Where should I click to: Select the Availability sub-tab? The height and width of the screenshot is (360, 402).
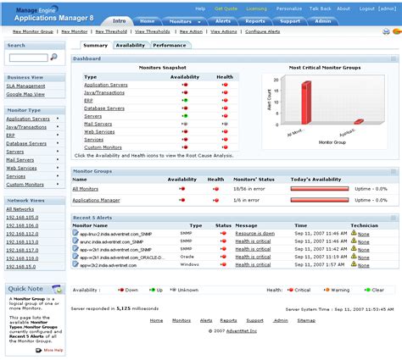(x=131, y=45)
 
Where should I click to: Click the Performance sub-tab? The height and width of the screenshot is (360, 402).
(x=170, y=45)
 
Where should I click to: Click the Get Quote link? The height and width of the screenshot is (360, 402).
(x=226, y=8)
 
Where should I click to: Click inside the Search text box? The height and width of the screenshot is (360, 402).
(x=27, y=58)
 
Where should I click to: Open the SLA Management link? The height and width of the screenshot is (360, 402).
(x=26, y=86)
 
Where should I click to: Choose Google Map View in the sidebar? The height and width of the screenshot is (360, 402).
(x=25, y=94)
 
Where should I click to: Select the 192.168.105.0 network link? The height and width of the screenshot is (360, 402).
(x=23, y=216)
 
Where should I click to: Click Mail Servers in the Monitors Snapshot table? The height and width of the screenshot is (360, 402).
(x=98, y=124)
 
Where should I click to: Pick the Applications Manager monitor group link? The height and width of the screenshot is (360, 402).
(x=96, y=200)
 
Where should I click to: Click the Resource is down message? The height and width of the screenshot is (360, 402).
(x=255, y=233)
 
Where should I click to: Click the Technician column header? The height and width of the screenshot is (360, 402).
(x=364, y=226)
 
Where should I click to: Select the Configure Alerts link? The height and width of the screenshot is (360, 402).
(x=270, y=30)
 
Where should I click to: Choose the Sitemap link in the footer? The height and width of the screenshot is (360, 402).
(x=306, y=321)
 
